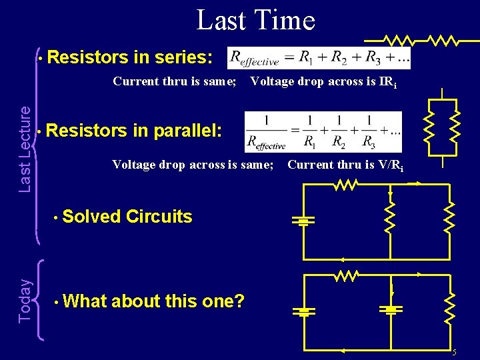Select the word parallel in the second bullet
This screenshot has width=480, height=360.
click(186, 131)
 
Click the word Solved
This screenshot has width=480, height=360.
click(93, 217)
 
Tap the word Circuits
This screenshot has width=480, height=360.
click(159, 217)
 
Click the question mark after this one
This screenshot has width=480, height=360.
click(240, 301)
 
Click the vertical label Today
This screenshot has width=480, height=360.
click(24, 301)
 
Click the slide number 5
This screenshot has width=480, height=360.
click(454, 352)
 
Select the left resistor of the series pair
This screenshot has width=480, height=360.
click(402, 40)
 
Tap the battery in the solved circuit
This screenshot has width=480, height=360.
click(303, 221)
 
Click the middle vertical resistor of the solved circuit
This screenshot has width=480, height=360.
click(390, 215)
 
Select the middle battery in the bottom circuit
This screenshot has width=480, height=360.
click(391, 309)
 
